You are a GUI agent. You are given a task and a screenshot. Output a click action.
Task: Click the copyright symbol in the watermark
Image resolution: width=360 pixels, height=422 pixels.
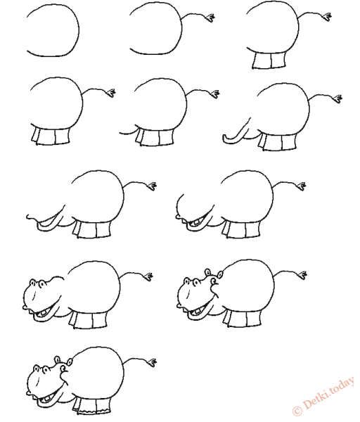pos(297,410)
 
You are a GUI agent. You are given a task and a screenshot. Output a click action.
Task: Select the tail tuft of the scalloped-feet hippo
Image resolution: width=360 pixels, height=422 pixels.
pos(151,362)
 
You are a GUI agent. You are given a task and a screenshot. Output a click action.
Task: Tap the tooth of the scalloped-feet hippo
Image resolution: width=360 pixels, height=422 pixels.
pos(47,398)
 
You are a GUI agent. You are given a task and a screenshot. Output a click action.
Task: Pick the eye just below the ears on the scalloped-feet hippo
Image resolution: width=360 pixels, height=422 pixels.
pos(64,369)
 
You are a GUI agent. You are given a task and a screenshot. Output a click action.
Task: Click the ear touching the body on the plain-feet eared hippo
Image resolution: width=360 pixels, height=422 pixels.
pos(220,274)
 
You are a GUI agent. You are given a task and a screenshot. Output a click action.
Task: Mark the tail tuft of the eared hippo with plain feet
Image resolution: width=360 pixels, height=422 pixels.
pos(302,275)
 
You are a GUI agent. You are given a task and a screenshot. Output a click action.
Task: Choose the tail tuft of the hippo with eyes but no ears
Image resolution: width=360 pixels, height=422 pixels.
pos(148,276)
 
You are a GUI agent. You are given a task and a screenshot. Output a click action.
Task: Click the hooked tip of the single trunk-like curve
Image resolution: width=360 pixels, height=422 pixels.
pos(224,138)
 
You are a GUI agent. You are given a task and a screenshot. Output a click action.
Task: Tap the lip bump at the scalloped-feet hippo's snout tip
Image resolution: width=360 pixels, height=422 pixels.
pos(27,392)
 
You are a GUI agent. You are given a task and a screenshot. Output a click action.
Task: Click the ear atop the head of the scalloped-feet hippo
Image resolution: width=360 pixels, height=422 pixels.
pos(57,359)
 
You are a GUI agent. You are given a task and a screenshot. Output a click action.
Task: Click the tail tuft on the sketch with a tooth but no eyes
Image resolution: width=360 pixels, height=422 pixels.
pos(302,186)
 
